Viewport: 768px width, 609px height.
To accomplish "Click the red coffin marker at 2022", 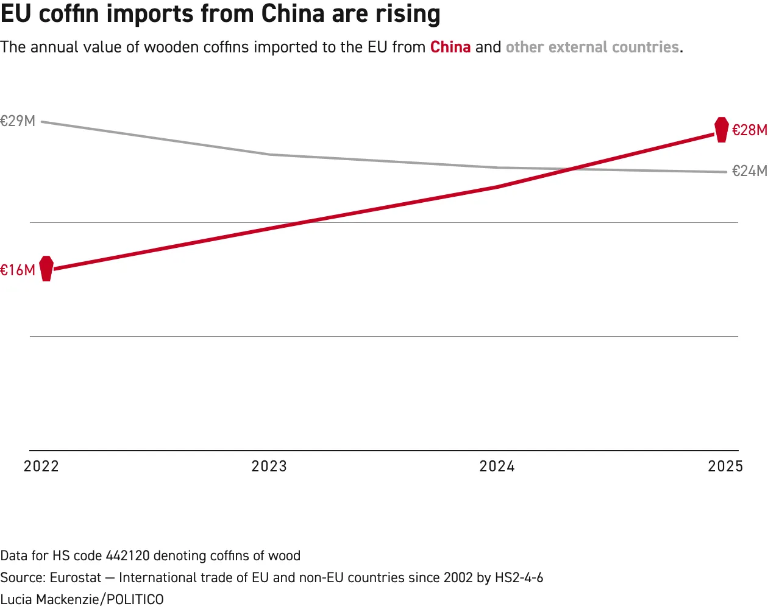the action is pos(46,269).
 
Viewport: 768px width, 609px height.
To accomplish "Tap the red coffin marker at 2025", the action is pos(721,130).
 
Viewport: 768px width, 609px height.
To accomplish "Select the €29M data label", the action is pos(18,121).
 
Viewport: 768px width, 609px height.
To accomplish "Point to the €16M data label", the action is pos(18,270).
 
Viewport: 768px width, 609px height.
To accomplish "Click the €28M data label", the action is pos(750,130).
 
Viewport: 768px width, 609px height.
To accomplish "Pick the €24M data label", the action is pos(750,171).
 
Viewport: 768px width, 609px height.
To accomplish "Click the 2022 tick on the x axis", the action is pos(41,466).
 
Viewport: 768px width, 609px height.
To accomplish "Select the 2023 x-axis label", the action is pos(269,466).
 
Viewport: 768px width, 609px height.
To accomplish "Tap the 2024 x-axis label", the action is pos(497,466).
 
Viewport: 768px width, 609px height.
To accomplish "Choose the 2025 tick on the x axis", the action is pos(725,466).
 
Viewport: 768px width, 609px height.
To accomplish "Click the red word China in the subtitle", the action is pos(450,47).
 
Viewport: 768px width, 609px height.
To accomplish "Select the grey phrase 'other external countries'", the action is pos(592,47).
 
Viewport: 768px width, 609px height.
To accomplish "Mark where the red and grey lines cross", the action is pos(571,169).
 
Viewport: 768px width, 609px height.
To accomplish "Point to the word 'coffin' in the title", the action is pos(68,13).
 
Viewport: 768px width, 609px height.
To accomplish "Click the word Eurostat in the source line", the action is pos(76,577).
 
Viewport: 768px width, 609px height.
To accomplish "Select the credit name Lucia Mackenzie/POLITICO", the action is pos(82,599).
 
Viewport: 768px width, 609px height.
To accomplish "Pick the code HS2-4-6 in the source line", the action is pos(519,577).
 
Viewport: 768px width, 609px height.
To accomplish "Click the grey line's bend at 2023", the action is pos(269,155).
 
